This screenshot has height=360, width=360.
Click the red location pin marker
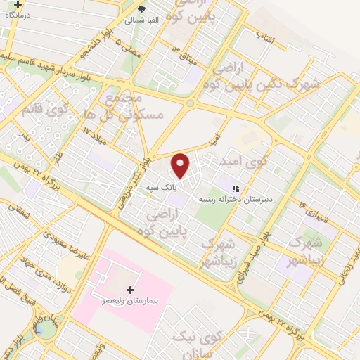tap(181, 165)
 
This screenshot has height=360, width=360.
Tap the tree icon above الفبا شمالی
tap(142, 9)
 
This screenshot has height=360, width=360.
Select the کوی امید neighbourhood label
tap(249, 161)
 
